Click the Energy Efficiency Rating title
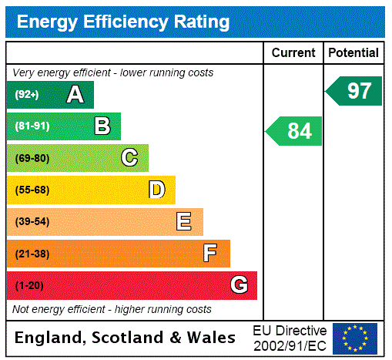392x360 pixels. [123, 22]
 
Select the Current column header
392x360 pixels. [293, 53]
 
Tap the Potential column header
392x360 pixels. [353, 53]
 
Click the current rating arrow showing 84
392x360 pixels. [294, 131]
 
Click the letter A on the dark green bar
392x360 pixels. [75, 95]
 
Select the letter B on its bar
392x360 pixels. [102, 126]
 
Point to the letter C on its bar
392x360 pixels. [129, 158]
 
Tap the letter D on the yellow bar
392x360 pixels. [156, 190]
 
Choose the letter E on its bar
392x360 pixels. [184, 222]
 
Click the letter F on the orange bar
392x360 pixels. [210, 254]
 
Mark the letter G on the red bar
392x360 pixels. [239, 285]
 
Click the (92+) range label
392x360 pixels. [26, 95]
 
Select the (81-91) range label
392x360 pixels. [32, 126]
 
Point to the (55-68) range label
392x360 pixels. [32, 190]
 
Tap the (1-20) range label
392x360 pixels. [28, 286]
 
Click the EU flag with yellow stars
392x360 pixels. [355, 338]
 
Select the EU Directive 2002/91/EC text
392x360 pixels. [290, 338]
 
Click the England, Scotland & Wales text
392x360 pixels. [126, 338]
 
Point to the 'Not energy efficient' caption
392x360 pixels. [112, 309]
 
